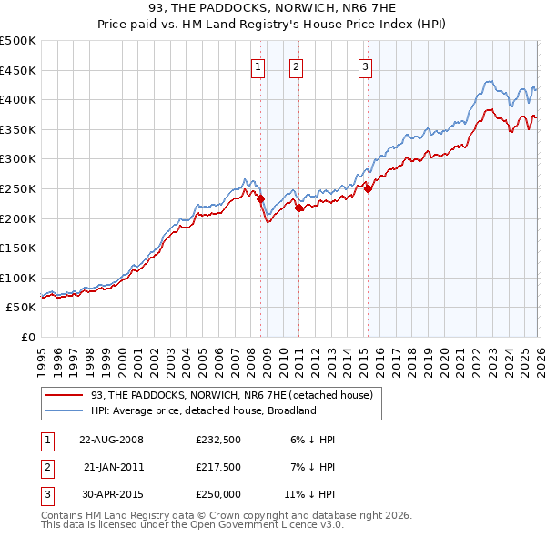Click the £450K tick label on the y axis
[x=18, y=70]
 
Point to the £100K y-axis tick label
[x=18, y=278]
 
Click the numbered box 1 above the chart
[x=258, y=66]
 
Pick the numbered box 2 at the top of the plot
[x=297, y=66]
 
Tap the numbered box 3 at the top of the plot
[x=365, y=66]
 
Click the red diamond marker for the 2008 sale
[x=260, y=198]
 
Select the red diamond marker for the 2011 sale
[x=299, y=208]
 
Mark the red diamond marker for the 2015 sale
[x=369, y=188]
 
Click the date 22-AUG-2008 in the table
[x=111, y=440]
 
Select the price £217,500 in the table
[x=218, y=466]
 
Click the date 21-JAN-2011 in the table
[x=111, y=466]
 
